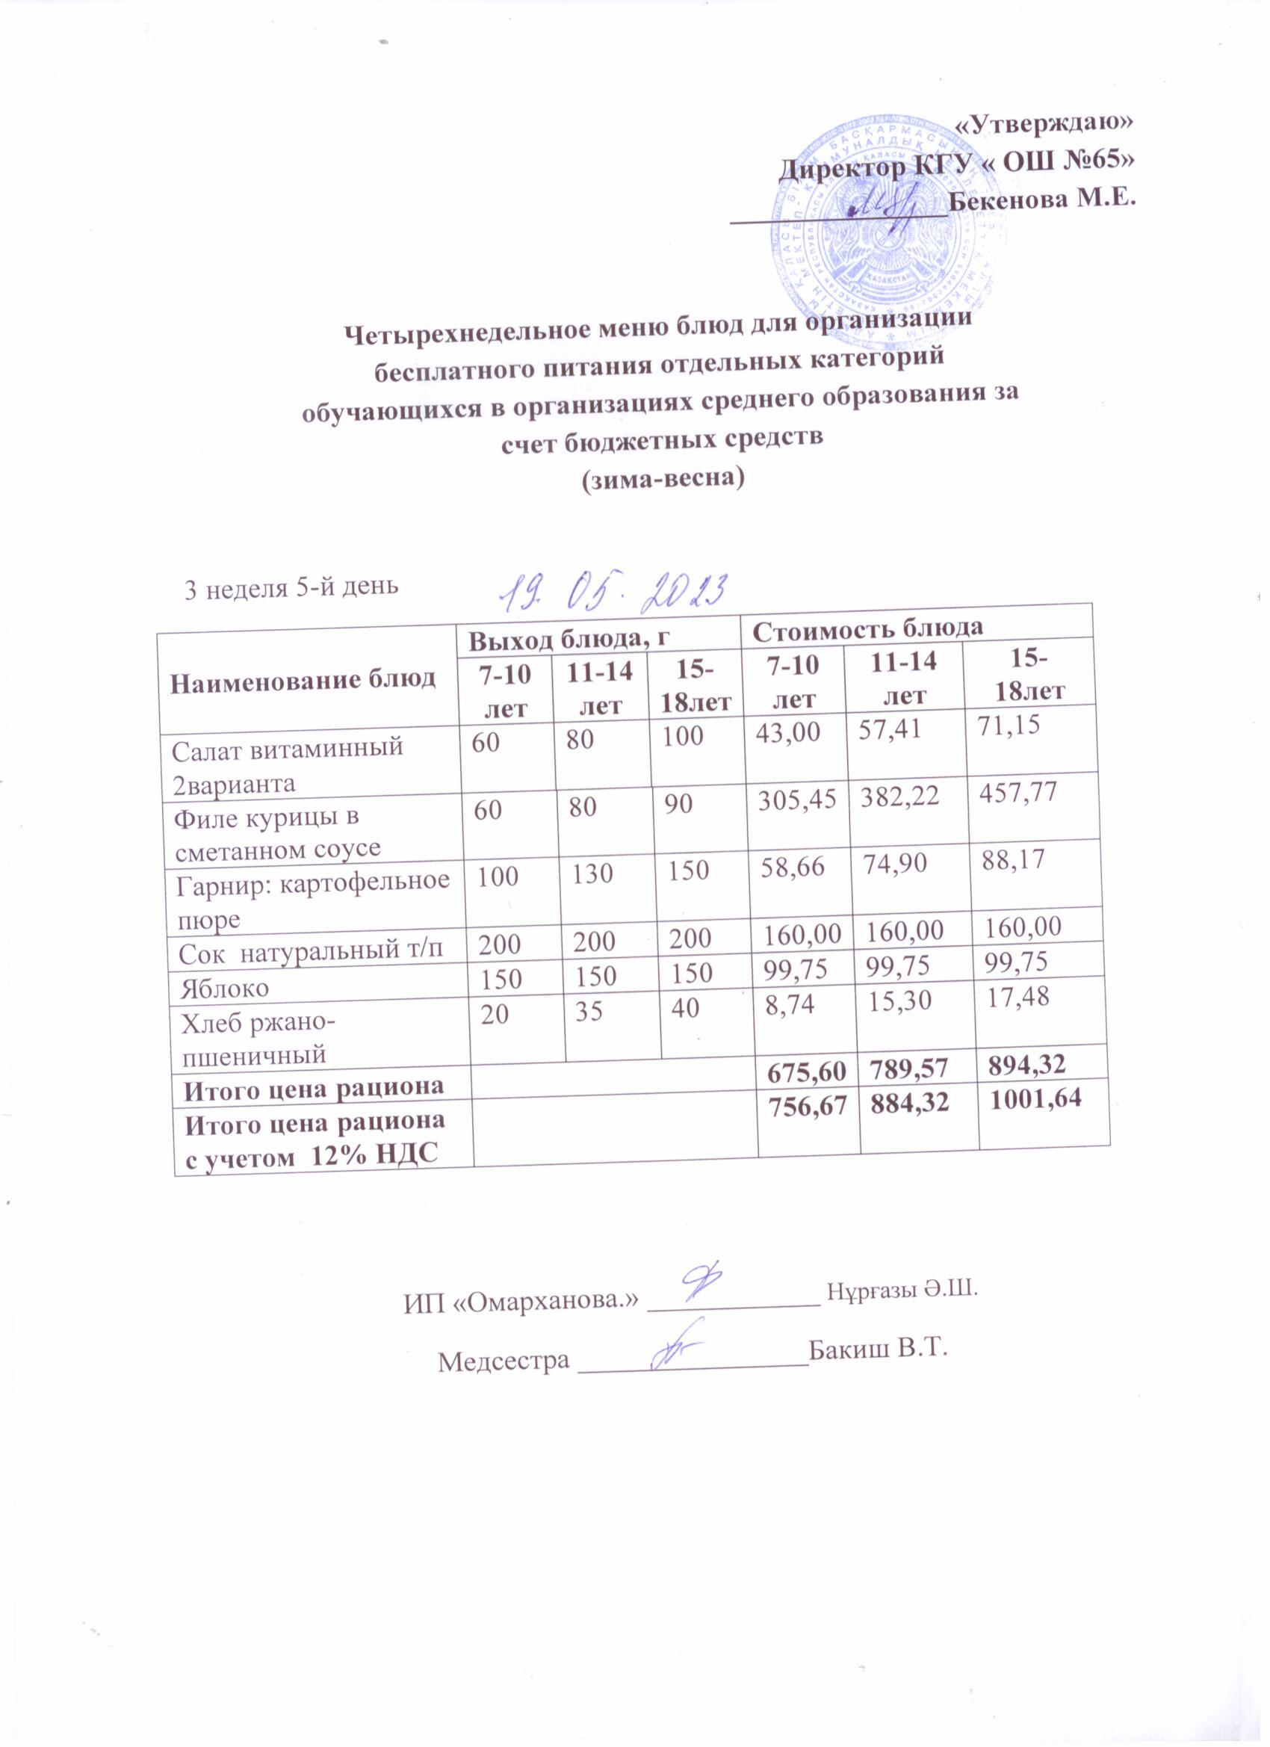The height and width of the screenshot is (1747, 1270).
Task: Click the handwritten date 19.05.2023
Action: coord(613,592)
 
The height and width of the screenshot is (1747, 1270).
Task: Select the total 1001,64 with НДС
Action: coord(1036,1098)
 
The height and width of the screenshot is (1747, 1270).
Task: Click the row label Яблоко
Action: coord(225,989)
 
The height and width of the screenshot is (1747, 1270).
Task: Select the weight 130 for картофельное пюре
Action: coord(593,873)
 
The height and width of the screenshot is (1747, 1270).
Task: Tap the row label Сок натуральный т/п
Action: coord(311,953)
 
